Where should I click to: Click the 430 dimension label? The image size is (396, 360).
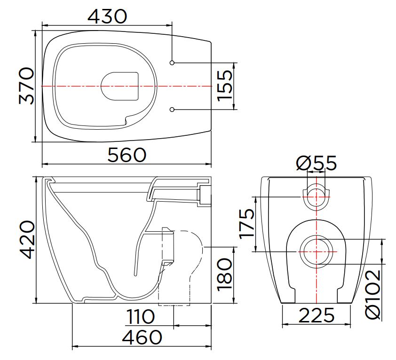(107, 16)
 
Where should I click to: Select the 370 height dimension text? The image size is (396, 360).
(26, 86)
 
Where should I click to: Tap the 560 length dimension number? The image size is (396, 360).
(127, 155)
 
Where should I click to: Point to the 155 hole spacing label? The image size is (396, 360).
(224, 86)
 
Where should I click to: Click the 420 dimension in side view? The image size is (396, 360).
(26, 240)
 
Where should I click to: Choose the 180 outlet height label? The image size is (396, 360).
(224, 274)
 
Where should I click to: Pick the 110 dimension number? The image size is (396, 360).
(141, 317)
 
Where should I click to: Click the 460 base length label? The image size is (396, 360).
(142, 337)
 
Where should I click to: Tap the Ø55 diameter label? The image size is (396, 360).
(317, 163)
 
